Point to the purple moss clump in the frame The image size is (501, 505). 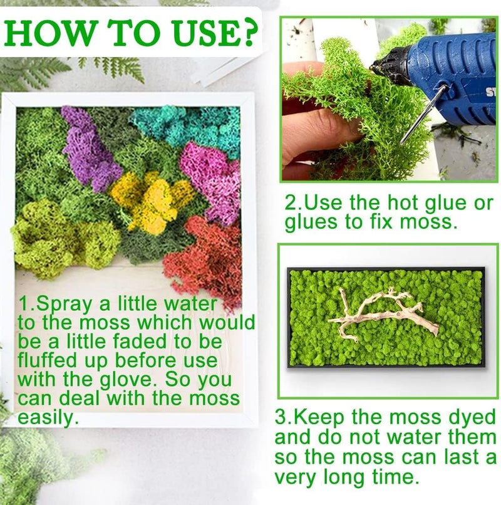(x=89, y=148)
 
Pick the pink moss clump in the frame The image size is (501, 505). (x=212, y=180)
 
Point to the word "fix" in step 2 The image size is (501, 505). (x=381, y=222)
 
